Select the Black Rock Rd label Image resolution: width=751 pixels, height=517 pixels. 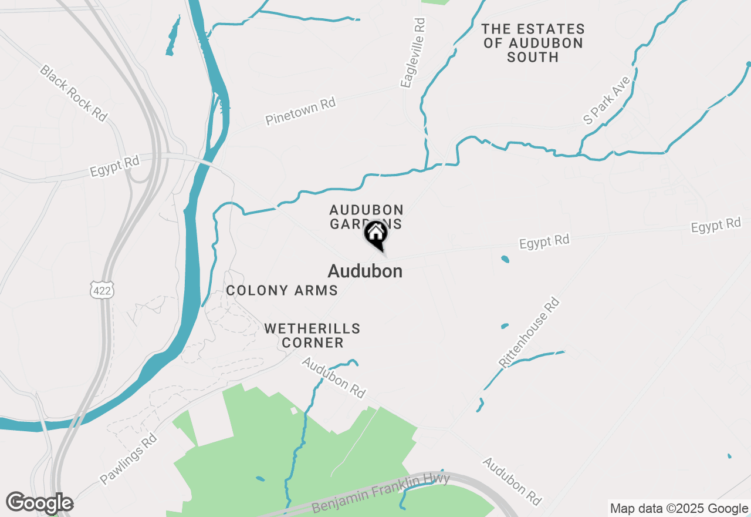pos(73,93)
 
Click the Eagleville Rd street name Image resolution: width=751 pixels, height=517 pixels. pos(414,53)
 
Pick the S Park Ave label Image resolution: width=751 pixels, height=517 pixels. pos(607,100)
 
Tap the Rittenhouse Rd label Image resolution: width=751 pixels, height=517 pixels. pos(529,333)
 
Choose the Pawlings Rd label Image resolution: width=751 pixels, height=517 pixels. pos(128,458)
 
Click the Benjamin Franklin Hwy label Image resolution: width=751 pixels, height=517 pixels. pos(381,493)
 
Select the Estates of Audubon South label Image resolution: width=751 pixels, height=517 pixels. pos(533,43)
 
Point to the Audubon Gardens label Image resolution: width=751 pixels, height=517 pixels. pos(366,217)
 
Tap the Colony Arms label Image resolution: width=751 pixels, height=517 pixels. pos(282,290)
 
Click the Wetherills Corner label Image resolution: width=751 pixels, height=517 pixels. pos(312,335)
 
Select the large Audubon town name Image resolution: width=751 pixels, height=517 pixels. pos(365,271)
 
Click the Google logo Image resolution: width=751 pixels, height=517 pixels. pos(39,503)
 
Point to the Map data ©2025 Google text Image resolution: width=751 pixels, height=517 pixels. pos(679,509)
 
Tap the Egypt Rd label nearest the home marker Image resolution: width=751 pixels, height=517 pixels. pos(544,241)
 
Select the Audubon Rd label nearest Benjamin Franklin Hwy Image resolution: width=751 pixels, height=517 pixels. pos(512,481)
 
